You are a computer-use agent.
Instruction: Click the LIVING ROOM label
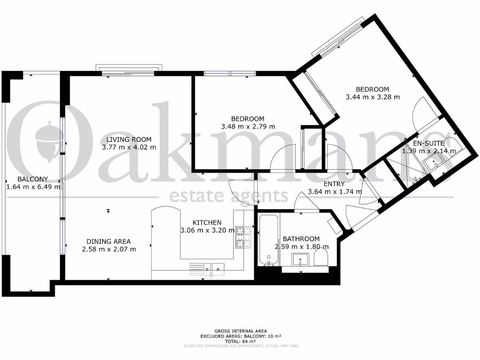pyautogui.click(x=128, y=139)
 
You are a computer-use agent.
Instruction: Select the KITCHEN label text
pyautogui.click(x=207, y=223)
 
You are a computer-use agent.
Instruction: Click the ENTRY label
pyautogui.click(x=334, y=184)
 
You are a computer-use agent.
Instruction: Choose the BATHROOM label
pyautogui.click(x=301, y=239)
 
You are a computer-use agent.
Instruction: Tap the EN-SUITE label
pyautogui.click(x=428, y=143)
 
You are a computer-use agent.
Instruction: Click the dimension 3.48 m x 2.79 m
pyautogui.click(x=247, y=127)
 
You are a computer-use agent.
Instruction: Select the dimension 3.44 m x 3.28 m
pyautogui.click(x=372, y=97)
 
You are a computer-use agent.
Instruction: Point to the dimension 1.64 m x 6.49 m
pyautogui.click(x=33, y=187)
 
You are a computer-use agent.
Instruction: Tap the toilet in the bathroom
pyautogui.click(x=322, y=259)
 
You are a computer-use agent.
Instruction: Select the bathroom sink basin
pyautogui.click(x=299, y=259)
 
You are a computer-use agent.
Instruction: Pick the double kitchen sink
pyautogui.click(x=217, y=268)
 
